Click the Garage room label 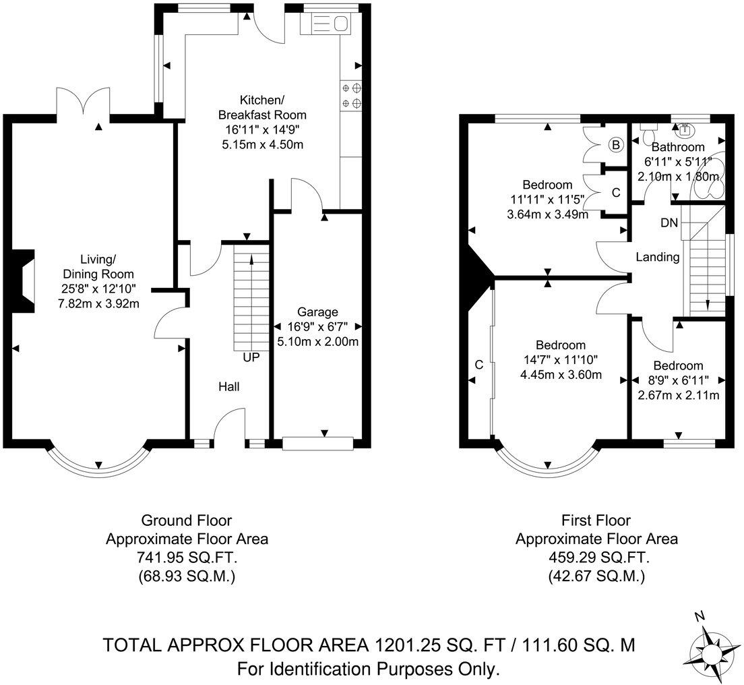tap(317, 312)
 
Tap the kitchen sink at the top tap(325, 24)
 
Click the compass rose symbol tap(710, 652)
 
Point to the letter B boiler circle tap(616, 145)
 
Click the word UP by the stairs tap(251, 357)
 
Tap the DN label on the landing tap(669, 222)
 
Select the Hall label tap(228, 387)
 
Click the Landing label tap(658, 257)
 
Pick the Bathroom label tap(678, 147)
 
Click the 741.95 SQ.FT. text tap(187, 557)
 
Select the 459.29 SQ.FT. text tap(597, 557)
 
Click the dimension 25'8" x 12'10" tap(98, 288)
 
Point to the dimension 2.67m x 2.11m tap(678, 395)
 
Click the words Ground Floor tap(187, 520)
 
